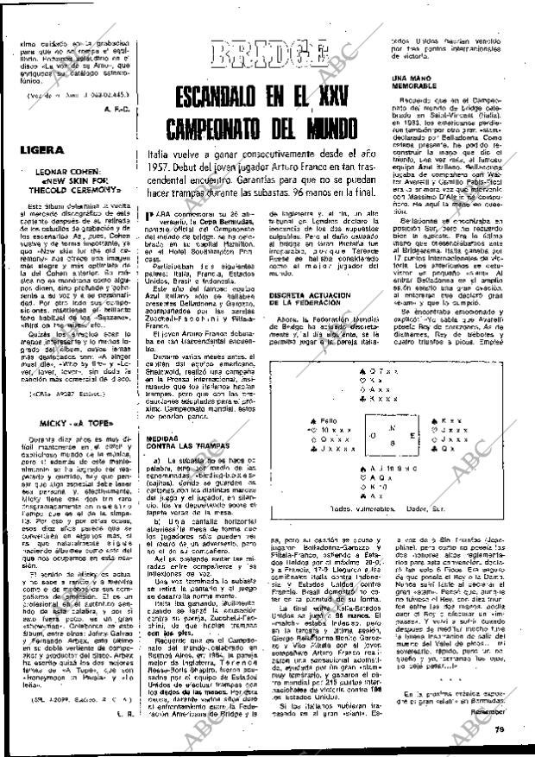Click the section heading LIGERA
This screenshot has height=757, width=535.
38,149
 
